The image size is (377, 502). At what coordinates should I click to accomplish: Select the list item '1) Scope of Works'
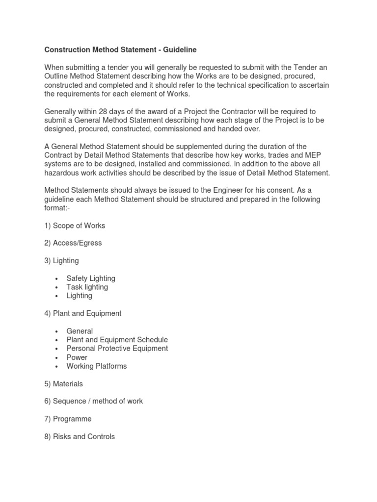(x=75, y=226)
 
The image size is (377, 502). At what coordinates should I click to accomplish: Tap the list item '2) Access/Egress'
(x=73, y=243)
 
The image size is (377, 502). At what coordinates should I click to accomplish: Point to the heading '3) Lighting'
(x=61, y=261)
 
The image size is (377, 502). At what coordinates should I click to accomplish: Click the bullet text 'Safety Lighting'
(x=91, y=278)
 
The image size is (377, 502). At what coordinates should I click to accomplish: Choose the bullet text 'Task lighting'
(x=87, y=287)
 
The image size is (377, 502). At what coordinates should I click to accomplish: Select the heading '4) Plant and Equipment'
(x=83, y=313)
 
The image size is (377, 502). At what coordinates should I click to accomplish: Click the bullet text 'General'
(x=80, y=331)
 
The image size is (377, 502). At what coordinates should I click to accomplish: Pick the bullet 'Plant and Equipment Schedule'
(x=117, y=340)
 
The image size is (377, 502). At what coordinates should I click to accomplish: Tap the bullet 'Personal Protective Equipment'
(x=117, y=349)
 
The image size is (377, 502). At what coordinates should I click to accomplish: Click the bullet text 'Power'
(x=77, y=357)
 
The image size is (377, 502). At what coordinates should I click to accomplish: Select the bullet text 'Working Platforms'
(x=96, y=366)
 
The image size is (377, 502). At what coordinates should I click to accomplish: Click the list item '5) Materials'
(x=64, y=384)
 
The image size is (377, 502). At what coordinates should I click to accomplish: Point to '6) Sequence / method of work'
(x=94, y=402)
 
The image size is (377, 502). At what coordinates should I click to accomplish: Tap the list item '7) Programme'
(x=68, y=419)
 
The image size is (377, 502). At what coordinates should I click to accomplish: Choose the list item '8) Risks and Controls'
(x=80, y=436)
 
